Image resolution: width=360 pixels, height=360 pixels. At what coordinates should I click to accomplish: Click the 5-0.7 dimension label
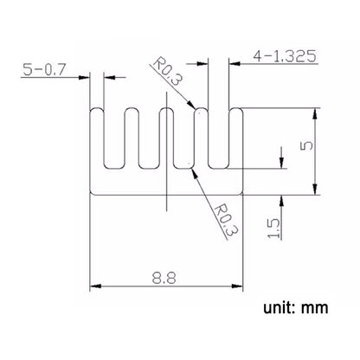click(x=44, y=70)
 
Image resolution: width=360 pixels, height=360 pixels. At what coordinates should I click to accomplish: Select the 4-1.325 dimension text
click(x=285, y=56)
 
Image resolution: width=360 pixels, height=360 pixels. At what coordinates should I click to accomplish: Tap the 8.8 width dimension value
click(x=164, y=278)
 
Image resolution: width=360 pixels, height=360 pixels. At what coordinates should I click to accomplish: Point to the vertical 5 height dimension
click(x=306, y=145)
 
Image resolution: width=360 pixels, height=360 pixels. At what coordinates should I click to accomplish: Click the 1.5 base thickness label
click(x=273, y=228)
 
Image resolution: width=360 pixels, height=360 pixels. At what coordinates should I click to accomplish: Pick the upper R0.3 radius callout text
click(x=168, y=72)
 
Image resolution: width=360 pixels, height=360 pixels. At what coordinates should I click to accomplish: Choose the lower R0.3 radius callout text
click(x=225, y=221)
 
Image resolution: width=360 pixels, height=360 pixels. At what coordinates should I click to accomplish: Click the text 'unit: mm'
click(x=296, y=308)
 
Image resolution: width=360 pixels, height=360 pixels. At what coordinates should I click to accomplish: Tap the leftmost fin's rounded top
click(x=97, y=108)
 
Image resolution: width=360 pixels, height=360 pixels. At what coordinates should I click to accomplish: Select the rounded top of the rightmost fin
click(x=236, y=108)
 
